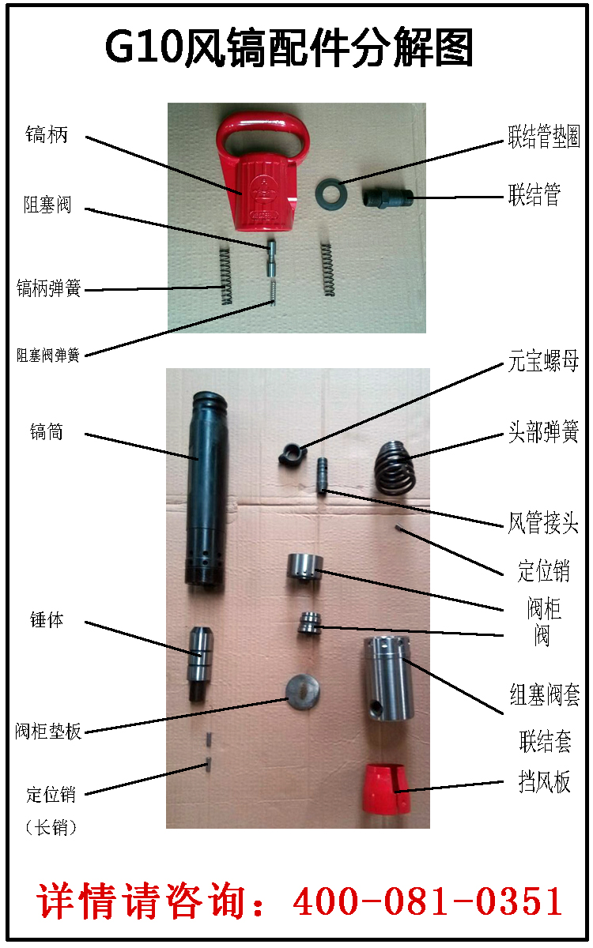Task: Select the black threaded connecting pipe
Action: click(x=387, y=197)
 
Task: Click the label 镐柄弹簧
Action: click(x=49, y=288)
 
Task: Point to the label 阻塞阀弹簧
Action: click(x=48, y=355)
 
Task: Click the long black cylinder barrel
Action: click(x=207, y=489)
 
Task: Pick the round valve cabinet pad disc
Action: click(x=303, y=692)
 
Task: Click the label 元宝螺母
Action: click(x=543, y=361)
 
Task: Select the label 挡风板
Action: click(x=544, y=781)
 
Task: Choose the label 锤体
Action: click(x=47, y=620)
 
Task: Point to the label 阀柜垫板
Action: click(x=48, y=731)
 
